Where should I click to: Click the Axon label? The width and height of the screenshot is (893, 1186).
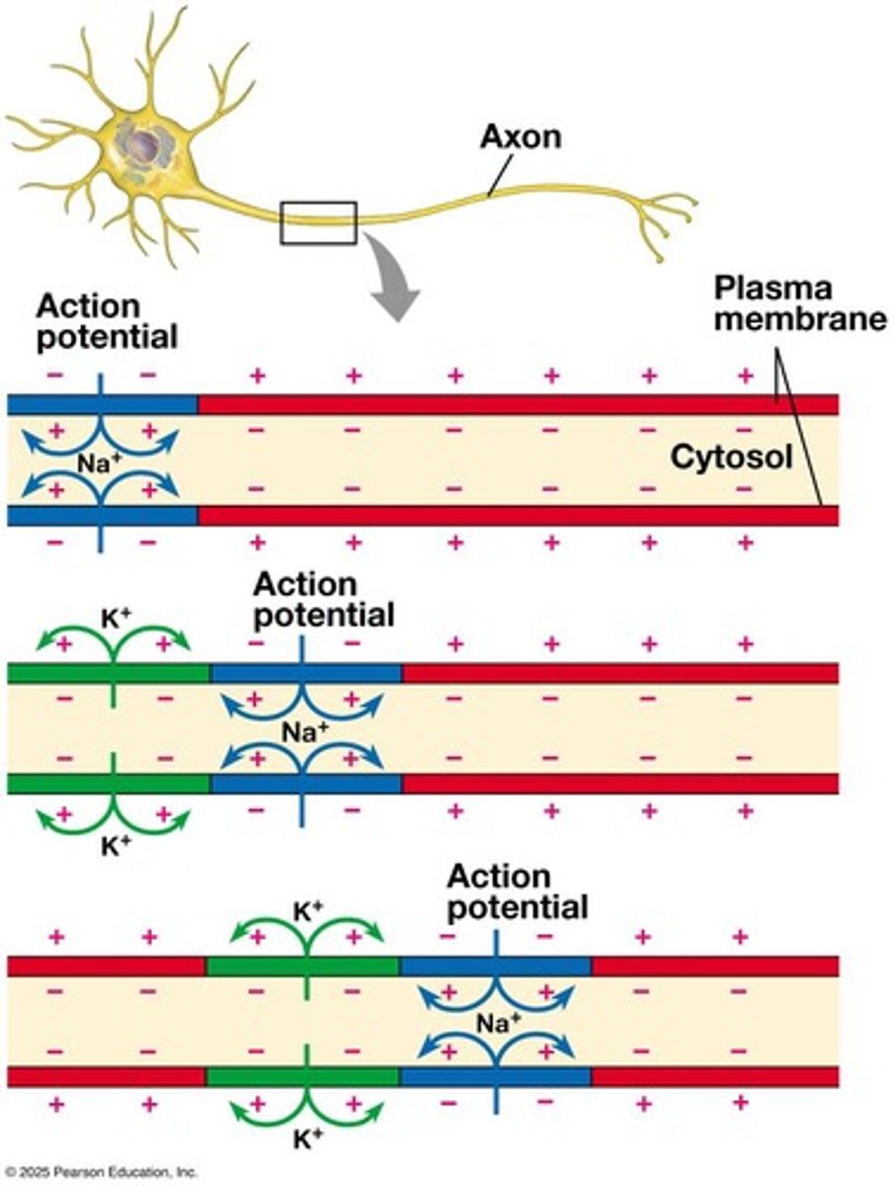click(x=520, y=136)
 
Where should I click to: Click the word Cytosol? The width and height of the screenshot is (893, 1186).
click(x=731, y=457)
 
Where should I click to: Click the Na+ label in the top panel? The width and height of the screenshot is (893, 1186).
click(x=99, y=461)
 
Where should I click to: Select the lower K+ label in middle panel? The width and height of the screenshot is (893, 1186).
click(x=115, y=848)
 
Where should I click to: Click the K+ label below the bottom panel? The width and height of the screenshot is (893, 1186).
click(x=308, y=1139)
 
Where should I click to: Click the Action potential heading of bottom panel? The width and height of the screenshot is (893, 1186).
click(x=517, y=891)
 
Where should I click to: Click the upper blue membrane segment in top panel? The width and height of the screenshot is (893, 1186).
click(x=59, y=403)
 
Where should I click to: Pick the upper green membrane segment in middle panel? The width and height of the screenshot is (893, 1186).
click(x=59, y=673)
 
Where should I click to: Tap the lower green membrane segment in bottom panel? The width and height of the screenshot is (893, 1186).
click(x=257, y=1075)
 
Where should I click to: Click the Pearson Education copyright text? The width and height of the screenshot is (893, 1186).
click(x=99, y=1172)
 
